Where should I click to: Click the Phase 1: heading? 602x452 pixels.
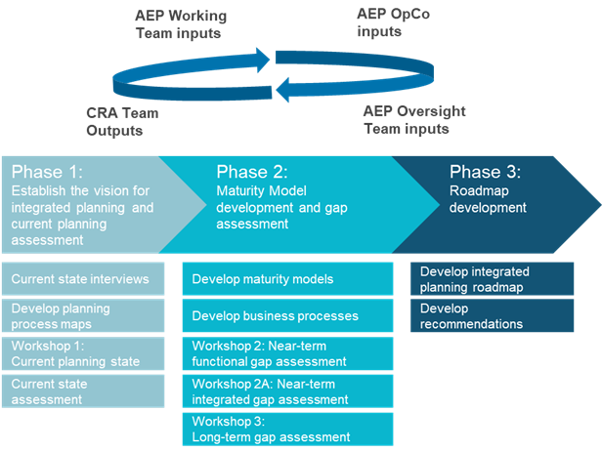(x=46, y=172)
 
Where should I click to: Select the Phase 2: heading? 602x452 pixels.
(x=251, y=172)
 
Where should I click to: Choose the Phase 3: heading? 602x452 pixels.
(x=485, y=172)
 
